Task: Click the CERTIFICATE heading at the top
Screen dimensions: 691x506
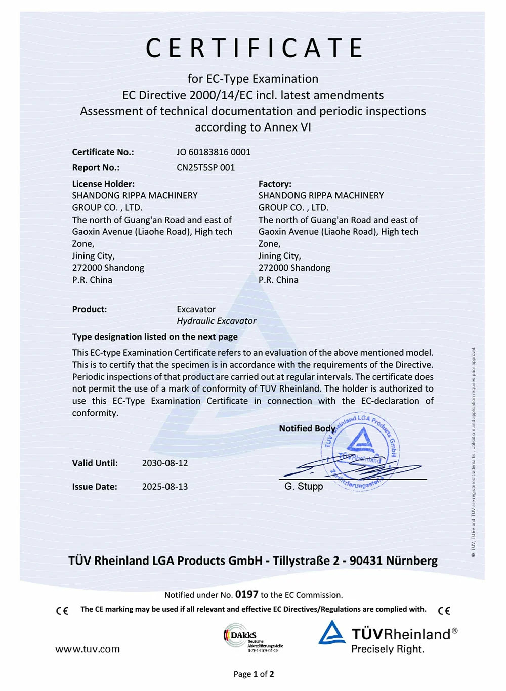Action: coord(254,48)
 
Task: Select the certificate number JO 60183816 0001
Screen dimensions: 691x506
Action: coord(213,152)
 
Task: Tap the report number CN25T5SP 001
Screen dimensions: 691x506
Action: coord(205,167)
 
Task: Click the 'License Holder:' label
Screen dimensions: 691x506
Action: coord(103,184)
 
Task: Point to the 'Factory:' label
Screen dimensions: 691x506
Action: coord(275,184)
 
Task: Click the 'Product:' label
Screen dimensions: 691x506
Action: coord(90,309)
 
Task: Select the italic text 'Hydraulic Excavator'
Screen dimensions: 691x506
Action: coord(216,321)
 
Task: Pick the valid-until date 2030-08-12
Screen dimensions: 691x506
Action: coord(164,463)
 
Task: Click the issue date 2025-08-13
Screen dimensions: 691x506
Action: coord(164,487)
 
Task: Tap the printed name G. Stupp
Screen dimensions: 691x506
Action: coord(304,486)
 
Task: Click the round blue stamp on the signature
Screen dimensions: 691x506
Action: coord(361,450)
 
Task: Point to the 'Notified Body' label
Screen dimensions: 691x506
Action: coord(307,428)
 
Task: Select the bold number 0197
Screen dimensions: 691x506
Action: coord(246,594)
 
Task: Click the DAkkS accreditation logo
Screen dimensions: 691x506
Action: coord(252,638)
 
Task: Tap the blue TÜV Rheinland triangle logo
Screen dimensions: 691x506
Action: coord(332,633)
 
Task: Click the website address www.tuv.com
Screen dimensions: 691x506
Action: coord(88,649)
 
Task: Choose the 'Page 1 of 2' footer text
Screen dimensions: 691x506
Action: coord(254,674)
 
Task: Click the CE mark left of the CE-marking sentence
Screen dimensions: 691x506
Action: coord(62,611)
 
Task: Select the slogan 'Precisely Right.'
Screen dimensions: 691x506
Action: coord(388,649)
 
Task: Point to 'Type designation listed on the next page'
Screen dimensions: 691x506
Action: coord(155,337)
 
